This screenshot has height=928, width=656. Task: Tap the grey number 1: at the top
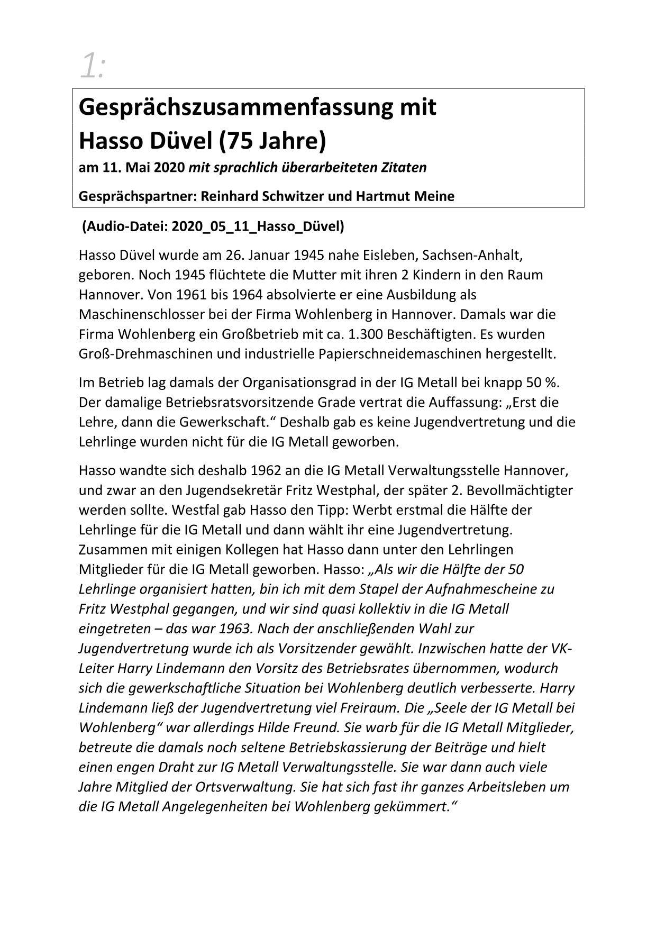click(93, 67)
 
